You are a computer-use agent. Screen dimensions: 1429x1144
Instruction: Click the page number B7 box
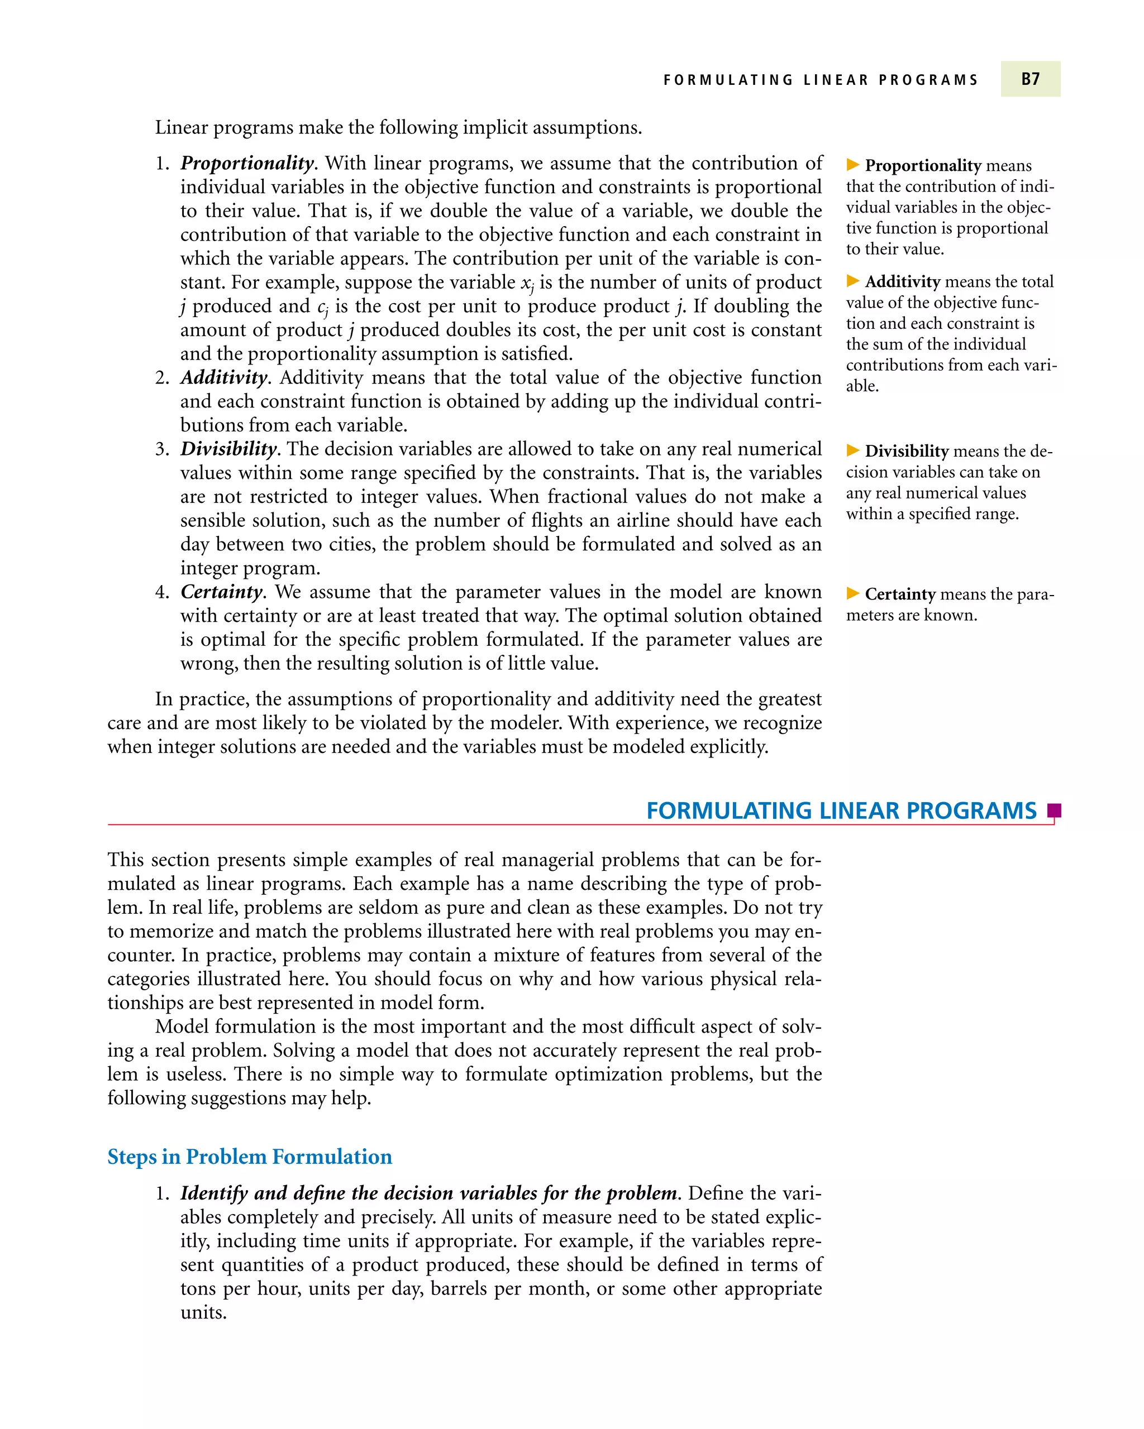pyautogui.click(x=1029, y=79)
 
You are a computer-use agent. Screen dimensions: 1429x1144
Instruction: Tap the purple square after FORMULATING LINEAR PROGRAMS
pyautogui.click(x=1054, y=811)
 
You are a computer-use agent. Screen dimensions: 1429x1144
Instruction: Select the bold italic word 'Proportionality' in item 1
pyautogui.click(x=247, y=163)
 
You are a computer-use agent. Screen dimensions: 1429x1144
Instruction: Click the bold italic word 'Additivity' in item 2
pyautogui.click(x=223, y=378)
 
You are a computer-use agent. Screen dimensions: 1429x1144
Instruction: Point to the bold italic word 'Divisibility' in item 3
pyautogui.click(x=228, y=449)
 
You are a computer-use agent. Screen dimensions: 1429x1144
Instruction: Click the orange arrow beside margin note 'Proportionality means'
pyautogui.click(x=853, y=164)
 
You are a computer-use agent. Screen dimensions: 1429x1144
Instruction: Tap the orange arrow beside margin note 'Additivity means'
pyautogui.click(x=853, y=281)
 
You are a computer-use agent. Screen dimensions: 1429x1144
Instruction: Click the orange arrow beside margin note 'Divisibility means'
pyautogui.click(x=853, y=450)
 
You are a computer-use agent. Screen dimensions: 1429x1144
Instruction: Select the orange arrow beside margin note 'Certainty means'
pyautogui.click(x=853, y=593)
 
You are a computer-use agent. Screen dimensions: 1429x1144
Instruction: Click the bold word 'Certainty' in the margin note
pyautogui.click(x=900, y=594)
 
